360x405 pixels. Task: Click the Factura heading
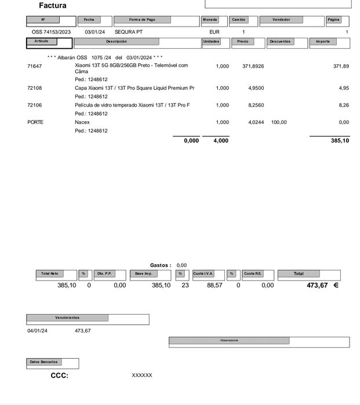[x=53, y=6]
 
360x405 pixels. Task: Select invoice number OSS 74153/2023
[x=51, y=32]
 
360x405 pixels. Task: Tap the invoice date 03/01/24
[x=95, y=32]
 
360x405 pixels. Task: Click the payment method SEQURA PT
[x=128, y=32]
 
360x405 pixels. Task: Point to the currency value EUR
[x=214, y=32]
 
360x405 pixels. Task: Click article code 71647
[x=35, y=67]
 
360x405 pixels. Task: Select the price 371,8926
[x=253, y=67]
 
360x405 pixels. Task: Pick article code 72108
[x=35, y=88]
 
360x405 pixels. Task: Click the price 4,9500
[x=256, y=88]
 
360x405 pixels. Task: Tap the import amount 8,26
[x=344, y=105]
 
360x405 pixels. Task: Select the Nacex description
[x=82, y=122]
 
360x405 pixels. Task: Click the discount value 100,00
[x=279, y=122]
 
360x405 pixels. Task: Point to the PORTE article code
[x=35, y=122]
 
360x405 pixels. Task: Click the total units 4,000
[x=220, y=141]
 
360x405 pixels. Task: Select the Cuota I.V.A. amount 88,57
[x=214, y=285]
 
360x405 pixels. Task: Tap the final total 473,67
[x=317, y=285]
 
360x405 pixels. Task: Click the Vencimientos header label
[x=67, y=318]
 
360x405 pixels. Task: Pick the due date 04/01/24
[x=38, y=331]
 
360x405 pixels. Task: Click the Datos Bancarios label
[x=44, y=362]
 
